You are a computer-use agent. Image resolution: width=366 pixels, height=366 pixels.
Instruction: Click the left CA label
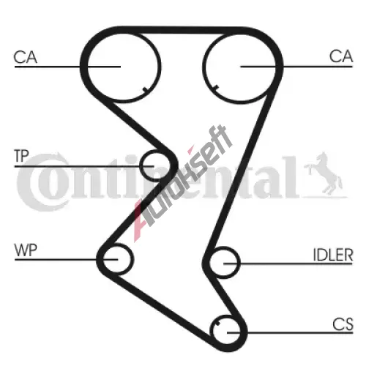tap(26, 57)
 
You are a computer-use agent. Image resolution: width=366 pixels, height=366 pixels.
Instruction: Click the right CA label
tap(341, 56)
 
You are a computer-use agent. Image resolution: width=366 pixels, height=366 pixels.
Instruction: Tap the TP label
tap(22, 156)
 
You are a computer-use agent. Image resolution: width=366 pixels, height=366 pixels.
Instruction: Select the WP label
tap(26, 250)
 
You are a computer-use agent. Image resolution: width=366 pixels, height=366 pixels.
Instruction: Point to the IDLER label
tap(333, 255)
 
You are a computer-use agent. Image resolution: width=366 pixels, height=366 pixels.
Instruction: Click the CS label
tap(343, 324)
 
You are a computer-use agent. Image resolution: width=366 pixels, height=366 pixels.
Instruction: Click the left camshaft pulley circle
tap(160, 67)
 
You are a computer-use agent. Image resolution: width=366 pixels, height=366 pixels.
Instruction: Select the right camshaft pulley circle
tap(203, 67)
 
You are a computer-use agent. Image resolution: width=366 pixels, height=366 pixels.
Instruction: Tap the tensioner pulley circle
tap(141, 165)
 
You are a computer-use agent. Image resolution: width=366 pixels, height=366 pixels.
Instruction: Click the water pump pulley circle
tap(132, 259)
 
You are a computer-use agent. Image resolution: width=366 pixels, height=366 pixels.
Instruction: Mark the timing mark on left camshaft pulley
tap(145, 89)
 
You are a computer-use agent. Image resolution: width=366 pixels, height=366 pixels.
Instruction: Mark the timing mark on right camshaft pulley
tap(216, 87)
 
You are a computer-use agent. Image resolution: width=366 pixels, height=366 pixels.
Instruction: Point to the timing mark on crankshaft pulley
tap(217, 324)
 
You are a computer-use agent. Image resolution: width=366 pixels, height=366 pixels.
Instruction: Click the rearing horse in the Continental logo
tap(324, 174)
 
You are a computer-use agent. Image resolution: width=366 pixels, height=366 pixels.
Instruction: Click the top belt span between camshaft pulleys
tap(182, 30)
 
